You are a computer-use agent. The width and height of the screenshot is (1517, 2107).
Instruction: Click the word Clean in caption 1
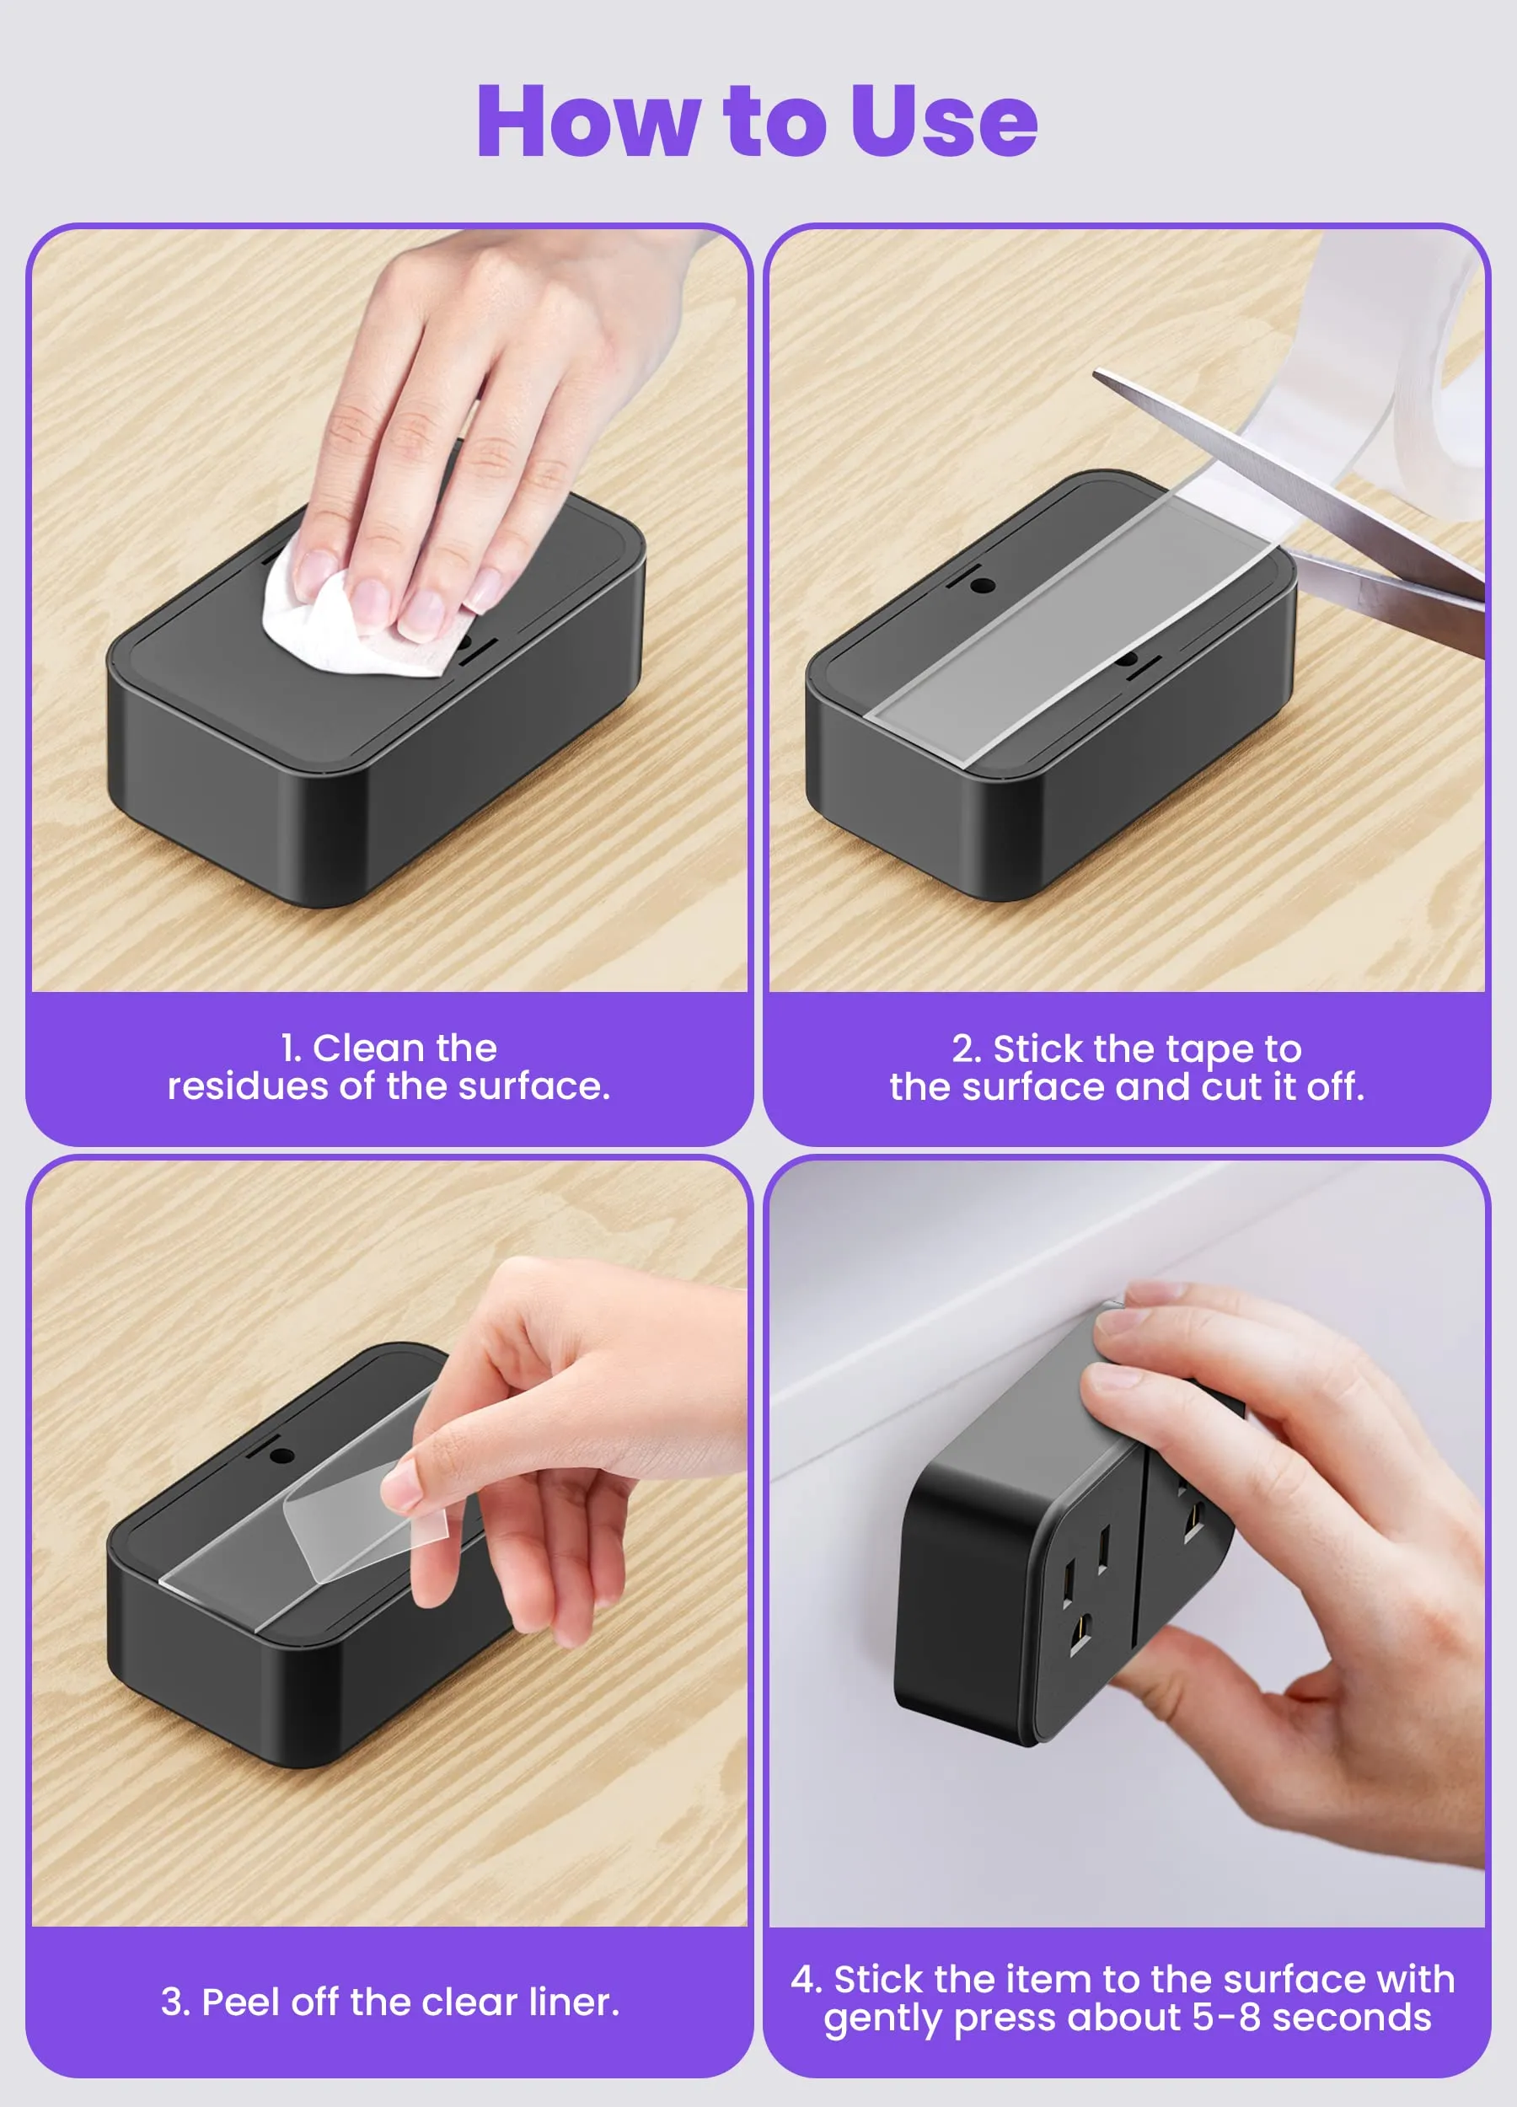pyautogui.click(x=366, y=1048)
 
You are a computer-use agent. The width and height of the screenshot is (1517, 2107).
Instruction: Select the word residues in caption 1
pyautogui.click(x=248, y=1086)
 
